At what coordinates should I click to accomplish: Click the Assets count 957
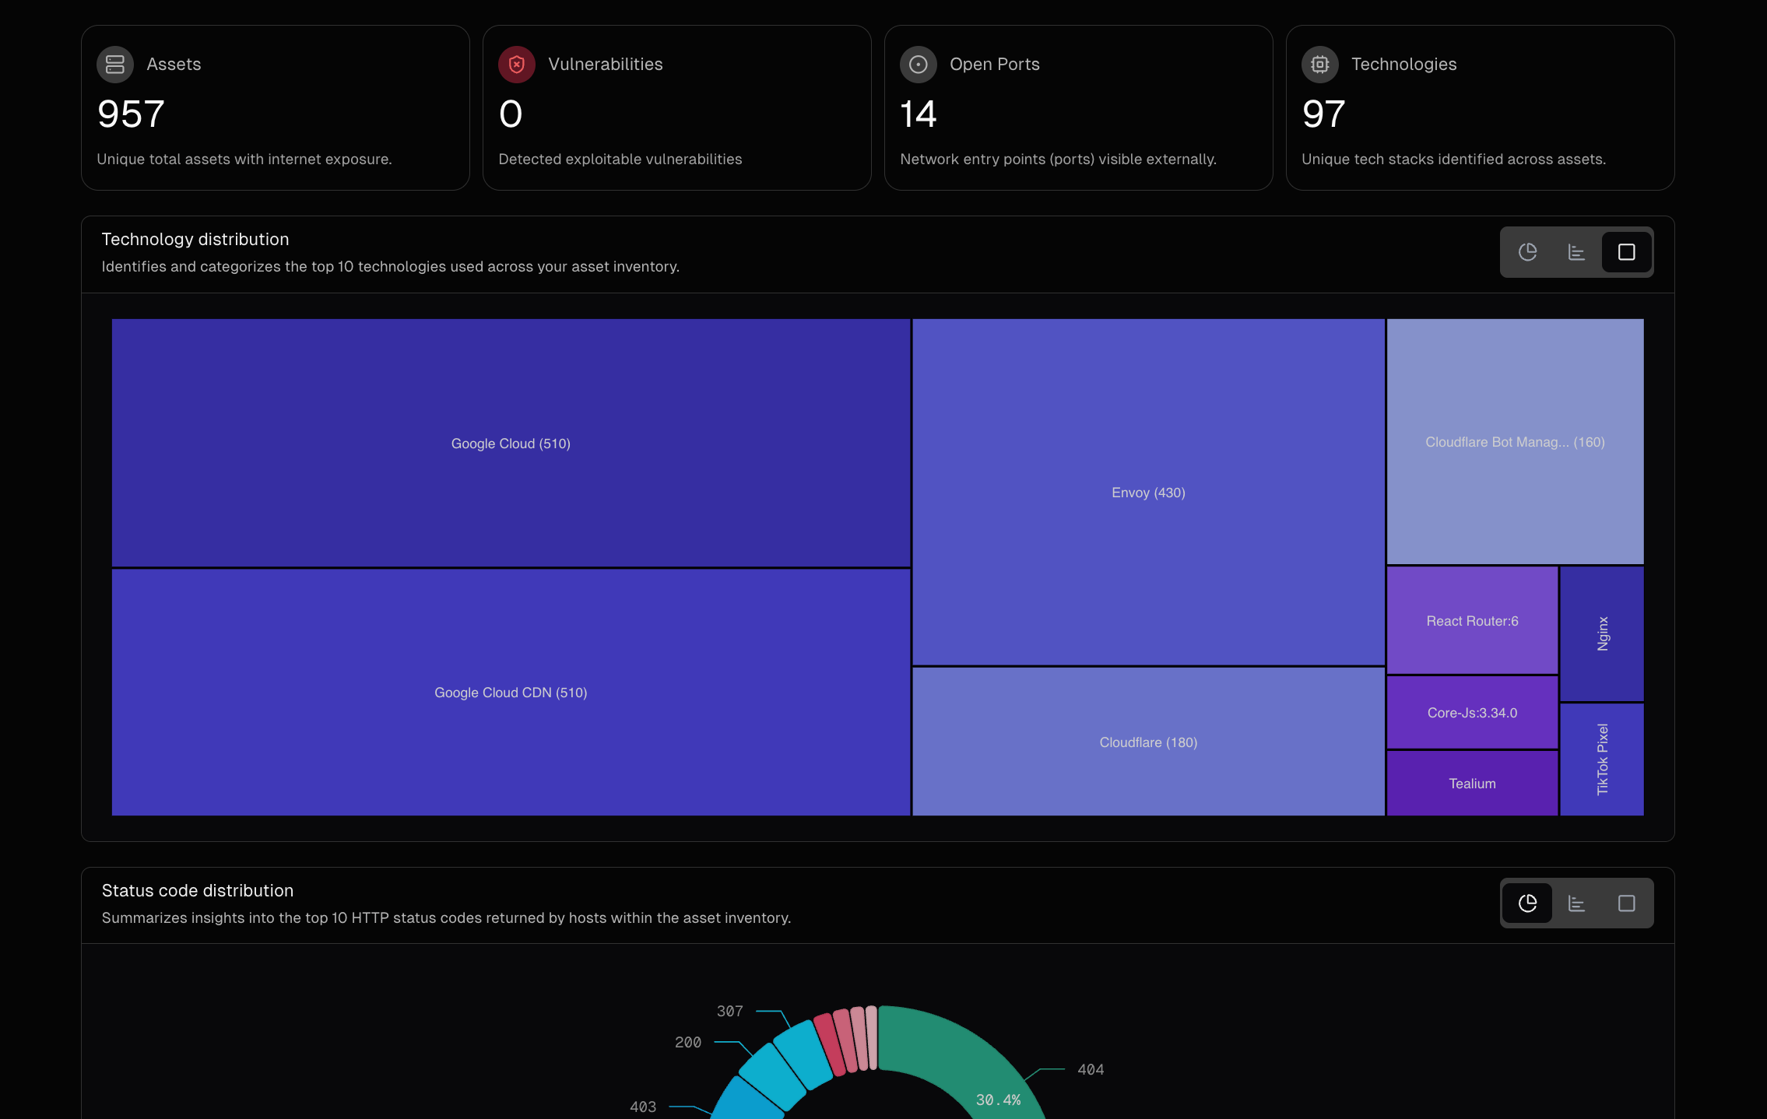[131, 114]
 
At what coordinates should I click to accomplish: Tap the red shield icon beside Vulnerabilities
[517, 65]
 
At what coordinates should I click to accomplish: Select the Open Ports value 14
[918, 114]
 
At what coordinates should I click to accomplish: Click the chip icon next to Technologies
[1319, 65]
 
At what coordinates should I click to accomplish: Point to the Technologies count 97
[1323, 114]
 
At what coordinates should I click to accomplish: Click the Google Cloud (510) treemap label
[511, 444]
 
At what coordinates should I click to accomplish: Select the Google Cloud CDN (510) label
[511, 693]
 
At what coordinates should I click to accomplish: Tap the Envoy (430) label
[1148, 493]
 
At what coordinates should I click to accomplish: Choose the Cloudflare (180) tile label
[1148, 742]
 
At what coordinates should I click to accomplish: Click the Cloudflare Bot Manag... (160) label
[1515, 442]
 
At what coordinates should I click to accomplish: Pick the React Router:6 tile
[1472, 621]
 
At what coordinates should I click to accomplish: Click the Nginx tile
[1602, 633]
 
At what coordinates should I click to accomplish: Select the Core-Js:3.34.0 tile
[1472, 713]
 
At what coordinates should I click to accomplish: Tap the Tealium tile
[1472, 784]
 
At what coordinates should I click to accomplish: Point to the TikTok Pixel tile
[1602, 759]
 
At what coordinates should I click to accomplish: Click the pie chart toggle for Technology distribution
[1527, 252]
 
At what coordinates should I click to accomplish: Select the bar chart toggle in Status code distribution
[1576, 903]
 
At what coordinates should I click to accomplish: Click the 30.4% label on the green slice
[998, 1100]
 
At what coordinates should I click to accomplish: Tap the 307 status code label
[729, 1011]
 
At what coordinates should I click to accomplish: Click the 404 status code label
[1091, 1069]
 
